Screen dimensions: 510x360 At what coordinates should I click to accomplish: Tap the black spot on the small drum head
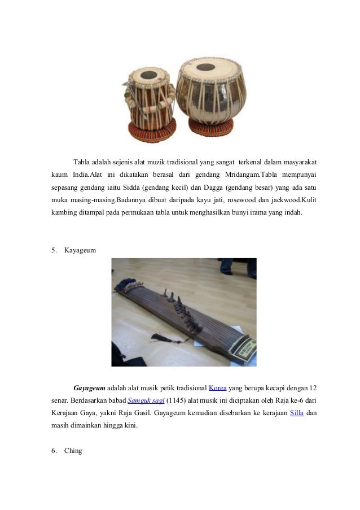(x=148, y=75)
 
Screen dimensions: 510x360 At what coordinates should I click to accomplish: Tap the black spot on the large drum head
(x=205, y=67)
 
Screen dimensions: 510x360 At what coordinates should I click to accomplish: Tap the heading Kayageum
(x=80, y=249)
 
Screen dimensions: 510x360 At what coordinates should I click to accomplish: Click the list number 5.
(x=54, y=249)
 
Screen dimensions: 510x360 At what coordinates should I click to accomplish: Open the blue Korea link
(x=218, y=389)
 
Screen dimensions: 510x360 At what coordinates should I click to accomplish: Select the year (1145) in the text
(x=177, y=401)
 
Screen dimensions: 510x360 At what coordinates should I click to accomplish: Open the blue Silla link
(x=297, y=413)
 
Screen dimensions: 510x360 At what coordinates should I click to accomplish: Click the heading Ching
(x=73, y=451)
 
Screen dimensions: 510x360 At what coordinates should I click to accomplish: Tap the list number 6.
(x=54, y=451)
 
